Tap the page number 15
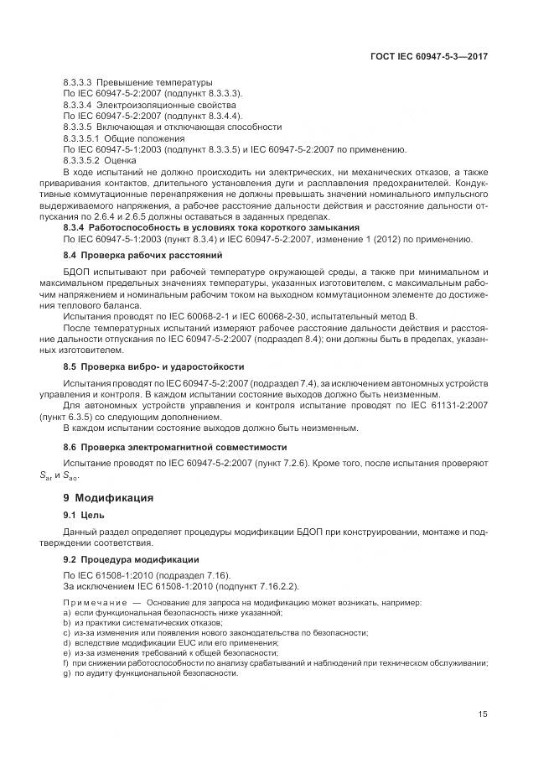pyautogui.click(x=483, y=714)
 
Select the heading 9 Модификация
pyautogui.click(x=97, y=497)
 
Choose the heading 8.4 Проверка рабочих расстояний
pyautogui.click(x=131, y=253)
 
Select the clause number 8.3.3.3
pyautogui.click(x=78, y=82)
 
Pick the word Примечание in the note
pyautogui.click(x=93, y=603)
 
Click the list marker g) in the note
pyautogui.click(x=66, y=672)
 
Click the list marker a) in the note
pyautogui.click(x=66, y=613)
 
